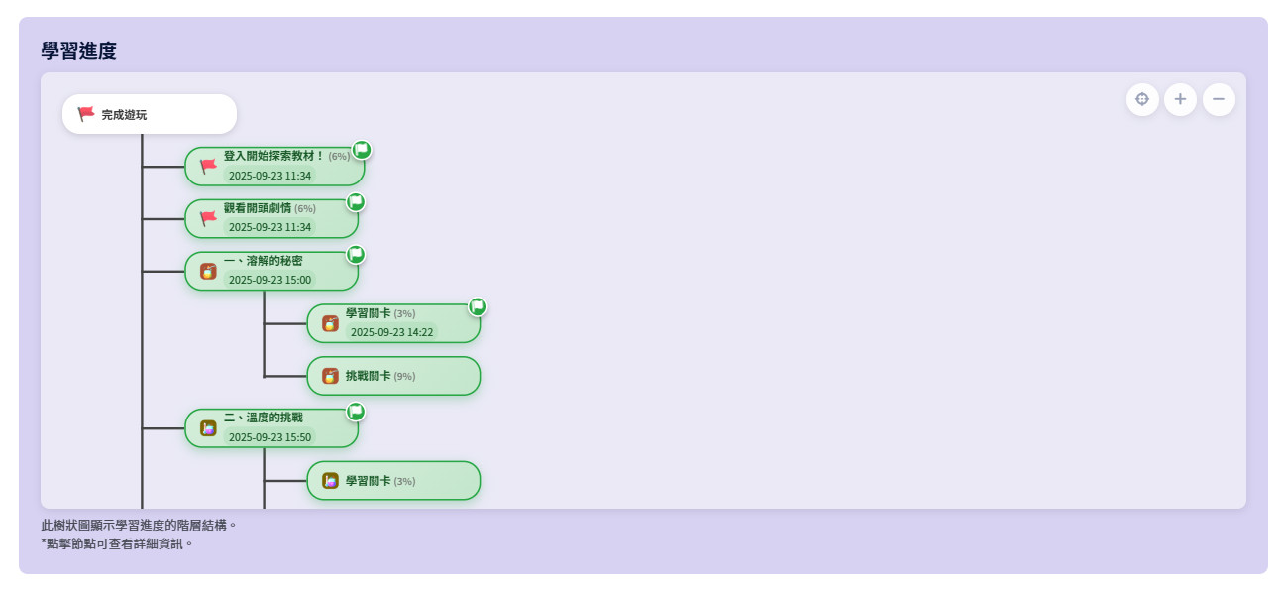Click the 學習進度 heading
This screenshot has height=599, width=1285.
tap(78, 51)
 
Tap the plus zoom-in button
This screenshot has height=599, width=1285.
tap(1180, 99)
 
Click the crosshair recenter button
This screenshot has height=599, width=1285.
tap(1142, 99)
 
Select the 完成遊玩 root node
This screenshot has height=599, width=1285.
tap(150, 114)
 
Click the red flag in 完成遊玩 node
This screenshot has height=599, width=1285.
tap(86, 114)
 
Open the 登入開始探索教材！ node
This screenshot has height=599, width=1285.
tap(274, 166)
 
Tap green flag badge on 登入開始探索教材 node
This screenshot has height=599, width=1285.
tap(362, 150)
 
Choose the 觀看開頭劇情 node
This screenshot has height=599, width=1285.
tap(271, 218)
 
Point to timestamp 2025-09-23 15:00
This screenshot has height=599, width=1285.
tap(269, 280)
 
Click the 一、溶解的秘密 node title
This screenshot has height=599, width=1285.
tap(263, 261)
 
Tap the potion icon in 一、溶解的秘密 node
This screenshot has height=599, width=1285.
tap(208, 271)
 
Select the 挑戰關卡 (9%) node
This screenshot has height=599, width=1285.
tap(393, 376)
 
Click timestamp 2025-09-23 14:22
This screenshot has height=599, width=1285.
tap(391, 332)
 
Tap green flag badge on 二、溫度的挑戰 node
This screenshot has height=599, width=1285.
tap(356, 412)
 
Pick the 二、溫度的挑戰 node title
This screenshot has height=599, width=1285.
tap(263, 418)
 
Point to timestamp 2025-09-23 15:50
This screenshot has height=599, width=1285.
tap(269, 437)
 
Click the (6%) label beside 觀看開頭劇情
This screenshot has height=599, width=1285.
tap(304, 208)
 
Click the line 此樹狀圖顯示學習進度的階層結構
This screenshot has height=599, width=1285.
tap(138, 525)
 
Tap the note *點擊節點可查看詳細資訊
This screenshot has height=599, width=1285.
tap(117, 543)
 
